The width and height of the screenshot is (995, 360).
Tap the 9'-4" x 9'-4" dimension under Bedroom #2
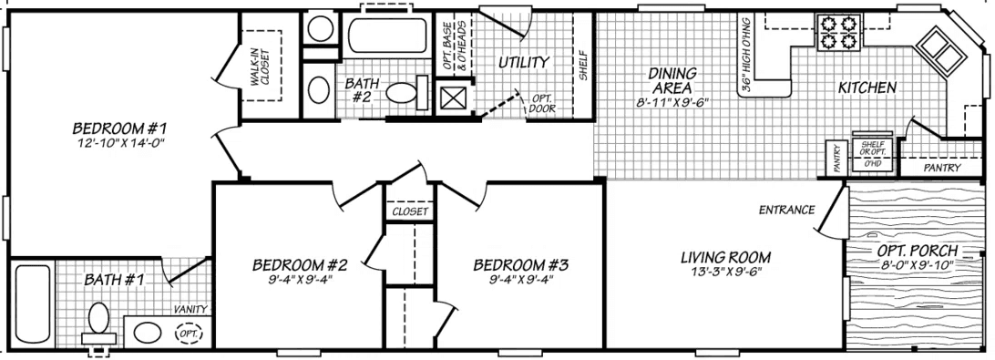[299, 280]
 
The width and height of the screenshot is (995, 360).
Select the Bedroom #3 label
[521, 265]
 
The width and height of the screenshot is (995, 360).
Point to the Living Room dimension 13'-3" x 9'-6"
[726, 271]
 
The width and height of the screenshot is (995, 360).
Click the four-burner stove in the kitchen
[839, 32]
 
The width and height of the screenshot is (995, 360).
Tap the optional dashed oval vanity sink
[189, 334]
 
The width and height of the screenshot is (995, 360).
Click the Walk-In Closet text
[261, 67]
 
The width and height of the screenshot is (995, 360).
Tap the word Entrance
[785, 211]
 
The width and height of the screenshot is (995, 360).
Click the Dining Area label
[672, 79]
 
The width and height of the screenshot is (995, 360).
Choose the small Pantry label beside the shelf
[834, 157]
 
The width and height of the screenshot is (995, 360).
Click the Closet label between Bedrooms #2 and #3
[409, 211]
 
